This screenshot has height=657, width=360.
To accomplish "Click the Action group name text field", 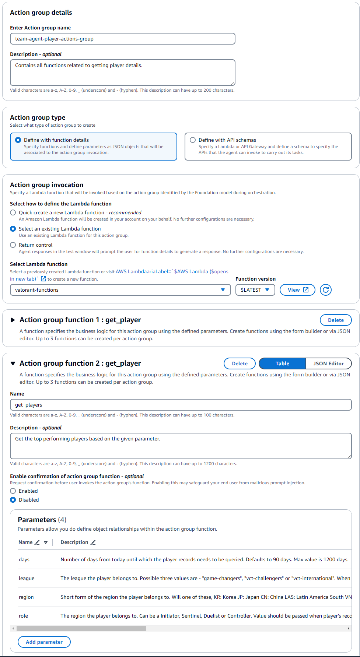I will coord(122,39).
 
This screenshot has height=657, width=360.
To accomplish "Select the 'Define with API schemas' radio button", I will coord(193,140).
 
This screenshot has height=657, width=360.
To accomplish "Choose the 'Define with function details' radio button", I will coord(18,140).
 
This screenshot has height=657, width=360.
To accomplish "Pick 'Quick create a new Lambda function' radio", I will coord(13,212).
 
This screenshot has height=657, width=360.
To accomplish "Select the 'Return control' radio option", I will coord(13,245).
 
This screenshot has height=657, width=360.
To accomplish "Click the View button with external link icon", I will coord(297,290).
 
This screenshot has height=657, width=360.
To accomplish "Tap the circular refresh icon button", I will coord(326,290).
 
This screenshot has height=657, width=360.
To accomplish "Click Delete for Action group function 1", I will coord(336,320).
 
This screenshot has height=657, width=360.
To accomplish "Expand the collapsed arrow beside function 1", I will coord(13,320).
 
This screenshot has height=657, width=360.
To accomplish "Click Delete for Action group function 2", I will coord(240,363).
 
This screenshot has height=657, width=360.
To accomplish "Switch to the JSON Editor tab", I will coord(328,363).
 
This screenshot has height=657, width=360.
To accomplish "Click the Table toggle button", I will coord(282,363).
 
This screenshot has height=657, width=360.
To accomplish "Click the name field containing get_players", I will coord(181,405).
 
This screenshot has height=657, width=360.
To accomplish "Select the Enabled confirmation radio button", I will coord(13,491).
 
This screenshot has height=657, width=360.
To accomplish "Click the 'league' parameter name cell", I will coord(27,578).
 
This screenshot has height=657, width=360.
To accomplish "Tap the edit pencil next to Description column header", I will coord(93,542).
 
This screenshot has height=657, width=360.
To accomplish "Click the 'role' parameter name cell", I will coord(24,616).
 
